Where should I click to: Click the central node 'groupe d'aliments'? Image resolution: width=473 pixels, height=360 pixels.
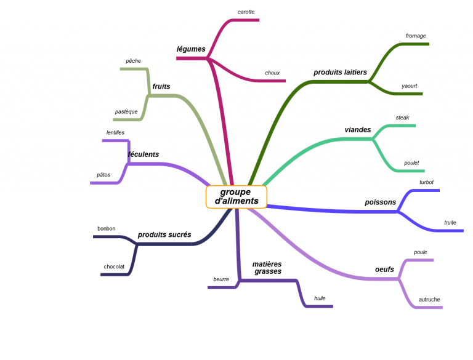236,196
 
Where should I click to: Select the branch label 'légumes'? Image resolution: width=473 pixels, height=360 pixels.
191,49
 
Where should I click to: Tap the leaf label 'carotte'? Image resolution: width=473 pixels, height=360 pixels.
246,12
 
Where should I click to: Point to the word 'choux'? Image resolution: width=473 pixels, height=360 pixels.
272,73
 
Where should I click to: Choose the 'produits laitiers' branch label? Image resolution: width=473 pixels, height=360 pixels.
340,73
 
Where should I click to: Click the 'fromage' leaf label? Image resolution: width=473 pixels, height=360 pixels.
416,36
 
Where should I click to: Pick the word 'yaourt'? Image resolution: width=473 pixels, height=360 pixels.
410,86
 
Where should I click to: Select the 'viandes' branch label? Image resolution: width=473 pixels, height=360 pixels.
358,130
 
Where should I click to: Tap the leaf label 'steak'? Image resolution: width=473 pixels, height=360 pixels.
402,118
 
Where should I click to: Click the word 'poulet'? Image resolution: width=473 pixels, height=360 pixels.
411,163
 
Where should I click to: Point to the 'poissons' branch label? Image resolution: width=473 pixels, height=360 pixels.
381,202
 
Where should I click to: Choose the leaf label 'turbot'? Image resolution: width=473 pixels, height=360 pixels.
427,182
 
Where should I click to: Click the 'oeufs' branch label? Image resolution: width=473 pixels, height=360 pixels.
384,270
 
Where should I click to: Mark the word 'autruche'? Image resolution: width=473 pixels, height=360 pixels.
429,300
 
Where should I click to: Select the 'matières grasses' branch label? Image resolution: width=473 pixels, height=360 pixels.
267,268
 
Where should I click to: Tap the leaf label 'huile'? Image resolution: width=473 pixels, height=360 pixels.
320,298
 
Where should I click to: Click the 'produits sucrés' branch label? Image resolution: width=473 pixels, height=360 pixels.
164,234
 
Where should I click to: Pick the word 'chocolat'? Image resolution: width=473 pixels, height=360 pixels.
114,266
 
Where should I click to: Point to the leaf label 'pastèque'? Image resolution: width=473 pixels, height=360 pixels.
126,112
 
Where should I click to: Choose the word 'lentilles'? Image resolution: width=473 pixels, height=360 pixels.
115,133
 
